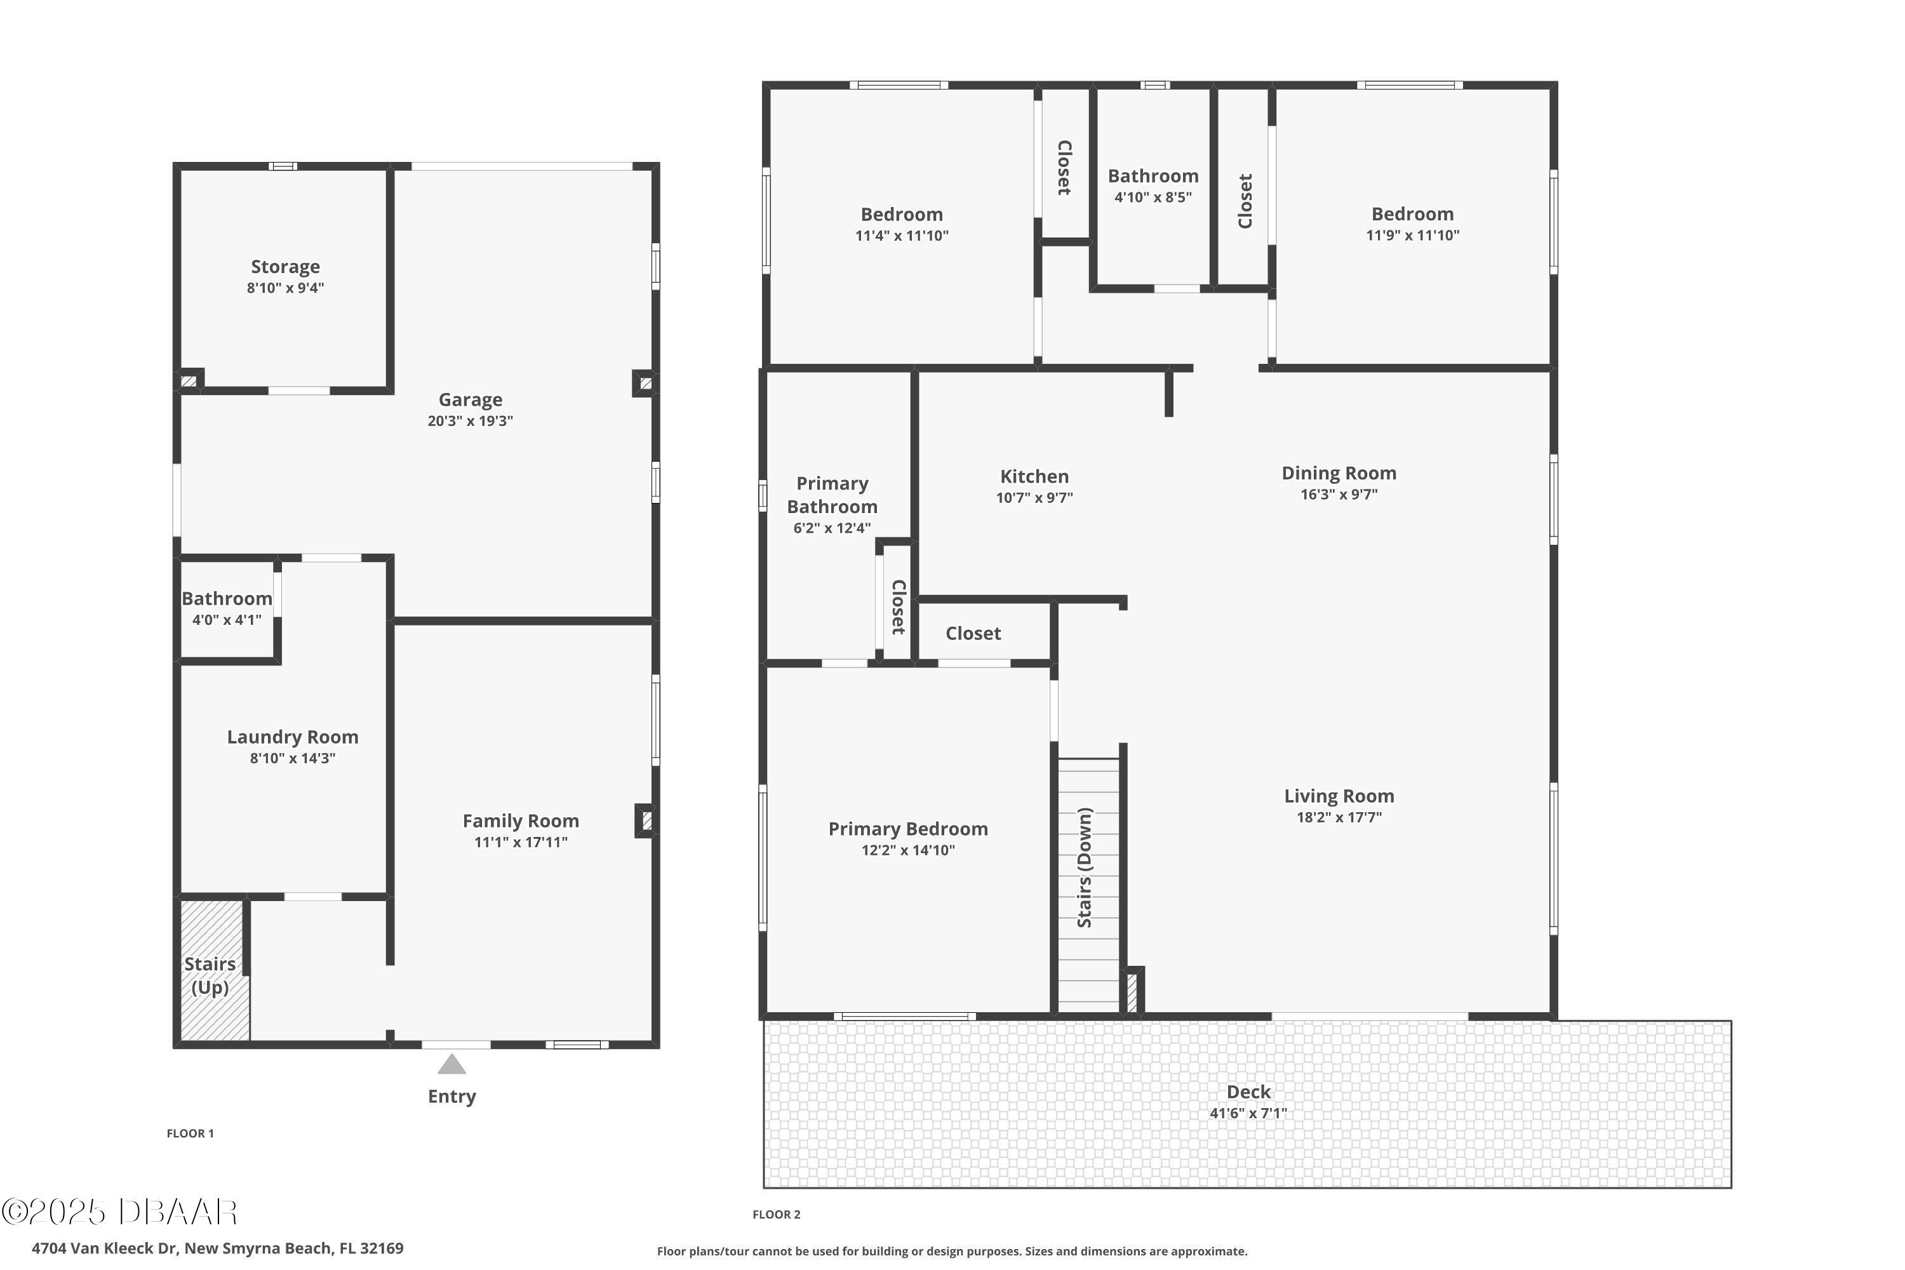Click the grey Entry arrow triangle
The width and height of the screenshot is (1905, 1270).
coord(452,1064)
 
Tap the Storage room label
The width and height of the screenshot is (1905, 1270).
coord(285,267)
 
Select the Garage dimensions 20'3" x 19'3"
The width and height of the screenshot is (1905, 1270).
coord(470,421)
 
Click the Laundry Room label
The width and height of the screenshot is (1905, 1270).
coord(292,737)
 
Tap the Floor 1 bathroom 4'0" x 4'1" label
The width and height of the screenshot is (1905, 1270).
coord(227,608)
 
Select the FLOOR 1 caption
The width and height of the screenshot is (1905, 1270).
coord(190,1133)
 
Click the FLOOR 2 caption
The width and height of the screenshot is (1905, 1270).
coord(776,1214)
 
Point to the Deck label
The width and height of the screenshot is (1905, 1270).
coord(1248,1092)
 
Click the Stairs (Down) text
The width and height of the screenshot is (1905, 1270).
coord(1085,867)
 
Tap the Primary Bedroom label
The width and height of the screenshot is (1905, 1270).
coord(908,829)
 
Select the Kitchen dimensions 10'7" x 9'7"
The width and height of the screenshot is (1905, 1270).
coord(1034,498)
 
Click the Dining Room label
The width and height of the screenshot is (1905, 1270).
coord(1339,473)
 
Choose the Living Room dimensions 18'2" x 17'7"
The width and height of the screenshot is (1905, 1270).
coord(1339,817)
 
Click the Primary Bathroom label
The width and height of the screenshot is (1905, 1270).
coord(832,495)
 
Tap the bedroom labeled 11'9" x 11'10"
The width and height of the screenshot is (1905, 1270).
coord(1412,224)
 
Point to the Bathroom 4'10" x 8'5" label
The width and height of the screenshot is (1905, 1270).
coord(1153,185)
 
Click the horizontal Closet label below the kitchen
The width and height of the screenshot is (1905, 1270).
coord(973,633)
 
